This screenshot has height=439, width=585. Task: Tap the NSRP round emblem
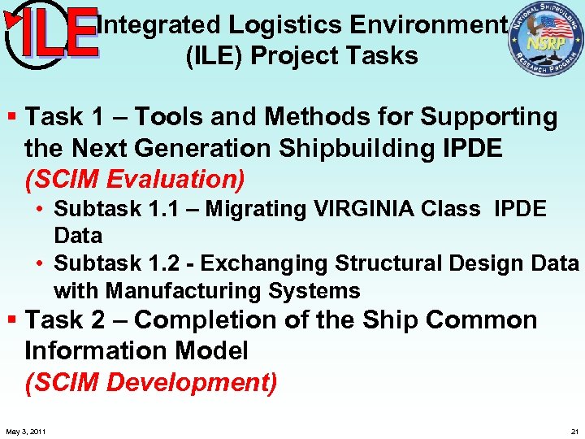545,40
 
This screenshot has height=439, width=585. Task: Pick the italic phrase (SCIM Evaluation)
135,178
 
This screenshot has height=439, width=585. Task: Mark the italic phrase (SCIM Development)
150,381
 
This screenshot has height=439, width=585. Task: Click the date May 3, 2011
25,431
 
